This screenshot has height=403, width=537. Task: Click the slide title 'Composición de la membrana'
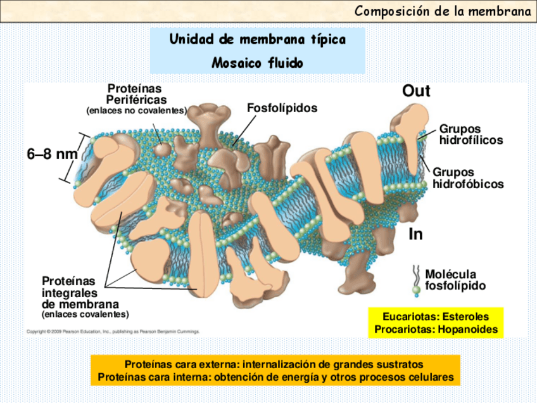443,11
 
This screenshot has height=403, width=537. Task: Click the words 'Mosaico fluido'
257,63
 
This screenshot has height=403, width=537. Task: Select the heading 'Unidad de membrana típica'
257,40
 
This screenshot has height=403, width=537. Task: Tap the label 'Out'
416,91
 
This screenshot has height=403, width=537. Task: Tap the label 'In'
415,234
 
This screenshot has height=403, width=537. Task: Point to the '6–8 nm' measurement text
52,154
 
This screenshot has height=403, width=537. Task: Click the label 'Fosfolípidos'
282,108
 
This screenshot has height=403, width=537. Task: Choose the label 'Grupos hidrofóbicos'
468,178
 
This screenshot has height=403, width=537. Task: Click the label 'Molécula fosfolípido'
455,280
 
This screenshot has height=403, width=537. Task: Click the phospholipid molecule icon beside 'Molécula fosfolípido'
416,281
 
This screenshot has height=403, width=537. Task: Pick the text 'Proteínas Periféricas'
136,94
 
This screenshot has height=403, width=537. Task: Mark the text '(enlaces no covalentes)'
136,111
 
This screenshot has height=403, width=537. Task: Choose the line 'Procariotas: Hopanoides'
436,329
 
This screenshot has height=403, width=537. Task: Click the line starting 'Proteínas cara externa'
274,365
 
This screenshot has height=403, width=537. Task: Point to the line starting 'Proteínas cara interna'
276,377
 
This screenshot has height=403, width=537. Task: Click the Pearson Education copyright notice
113,331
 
